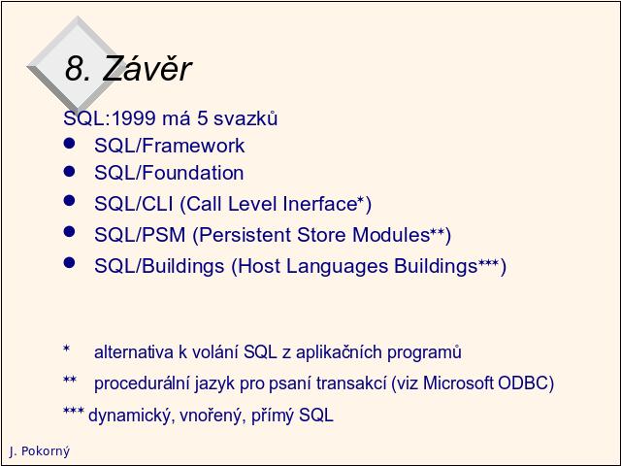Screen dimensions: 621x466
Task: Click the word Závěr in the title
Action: tap(147, 68)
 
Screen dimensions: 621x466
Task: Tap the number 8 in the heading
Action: tap(75, 69)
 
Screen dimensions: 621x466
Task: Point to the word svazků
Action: tap(245, 118)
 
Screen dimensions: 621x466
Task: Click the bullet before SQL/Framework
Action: tap(69, 144)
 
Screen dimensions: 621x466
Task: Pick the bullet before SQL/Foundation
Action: tap(69, 171)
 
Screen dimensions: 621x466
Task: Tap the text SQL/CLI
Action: tap(134, 204)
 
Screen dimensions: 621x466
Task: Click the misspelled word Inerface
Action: tap(321, 204)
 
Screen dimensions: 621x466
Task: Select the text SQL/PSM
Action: tap(140, 235)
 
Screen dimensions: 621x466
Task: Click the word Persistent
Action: tap(245, 235)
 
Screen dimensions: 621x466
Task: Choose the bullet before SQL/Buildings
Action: tap(69, 262)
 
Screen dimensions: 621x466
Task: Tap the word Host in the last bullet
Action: tap(259, 265)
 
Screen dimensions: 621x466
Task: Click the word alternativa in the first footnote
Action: tap(134, 351)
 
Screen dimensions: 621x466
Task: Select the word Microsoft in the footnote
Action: tap(458, 383)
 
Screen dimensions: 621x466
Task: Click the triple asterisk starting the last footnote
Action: tap(74, 412)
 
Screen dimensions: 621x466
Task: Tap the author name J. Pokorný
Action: tap(40, 451)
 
